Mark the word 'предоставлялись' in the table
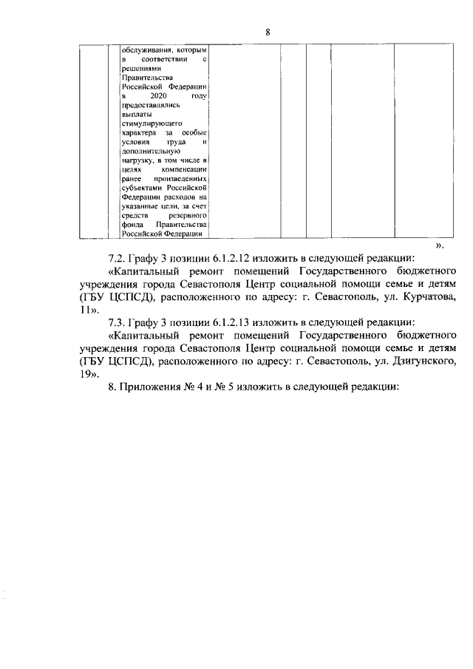(x=149, y=105)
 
